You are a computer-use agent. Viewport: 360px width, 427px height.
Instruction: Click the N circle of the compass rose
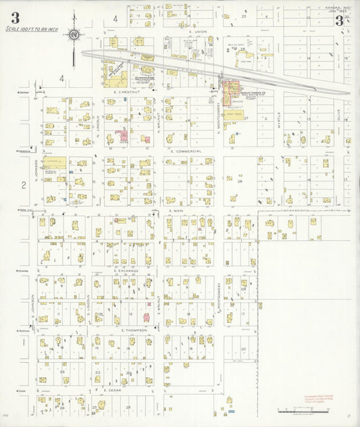[x=74, y=35]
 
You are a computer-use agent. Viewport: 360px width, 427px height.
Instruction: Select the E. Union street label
[x=197, y=32]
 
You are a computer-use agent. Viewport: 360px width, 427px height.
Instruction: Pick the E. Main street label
[x=176, y=211]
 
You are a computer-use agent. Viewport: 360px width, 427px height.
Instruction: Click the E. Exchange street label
[x=126, y=270]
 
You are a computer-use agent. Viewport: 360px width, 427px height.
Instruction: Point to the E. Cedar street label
[x=113, y=390]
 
